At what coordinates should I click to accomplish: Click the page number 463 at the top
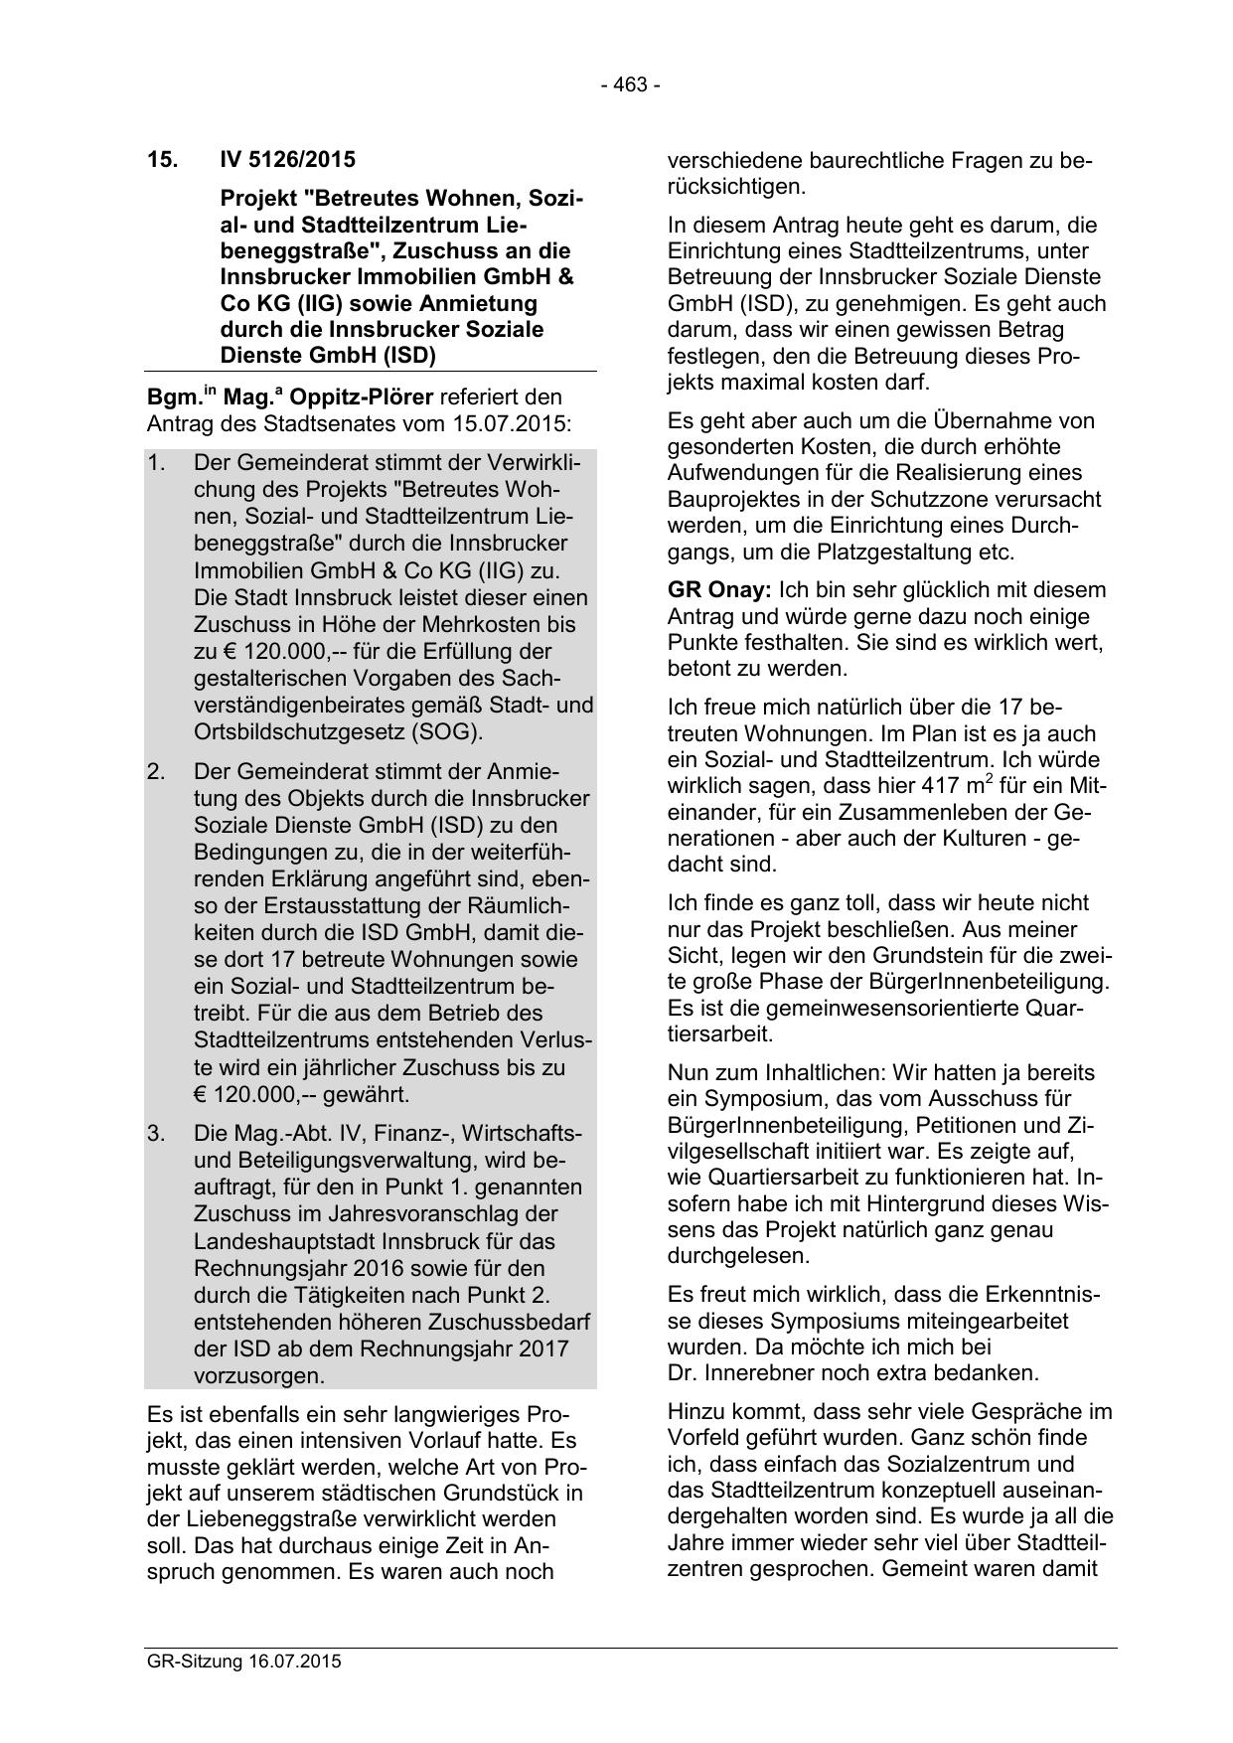[630, 85]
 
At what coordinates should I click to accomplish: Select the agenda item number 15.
[163, 160]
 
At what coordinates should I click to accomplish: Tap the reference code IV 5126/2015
[287, 160]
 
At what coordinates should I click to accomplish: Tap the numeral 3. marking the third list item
[157, 1134]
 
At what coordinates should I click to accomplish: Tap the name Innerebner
[757, 1373]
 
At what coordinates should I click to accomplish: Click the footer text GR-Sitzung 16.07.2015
[243, 1662]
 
